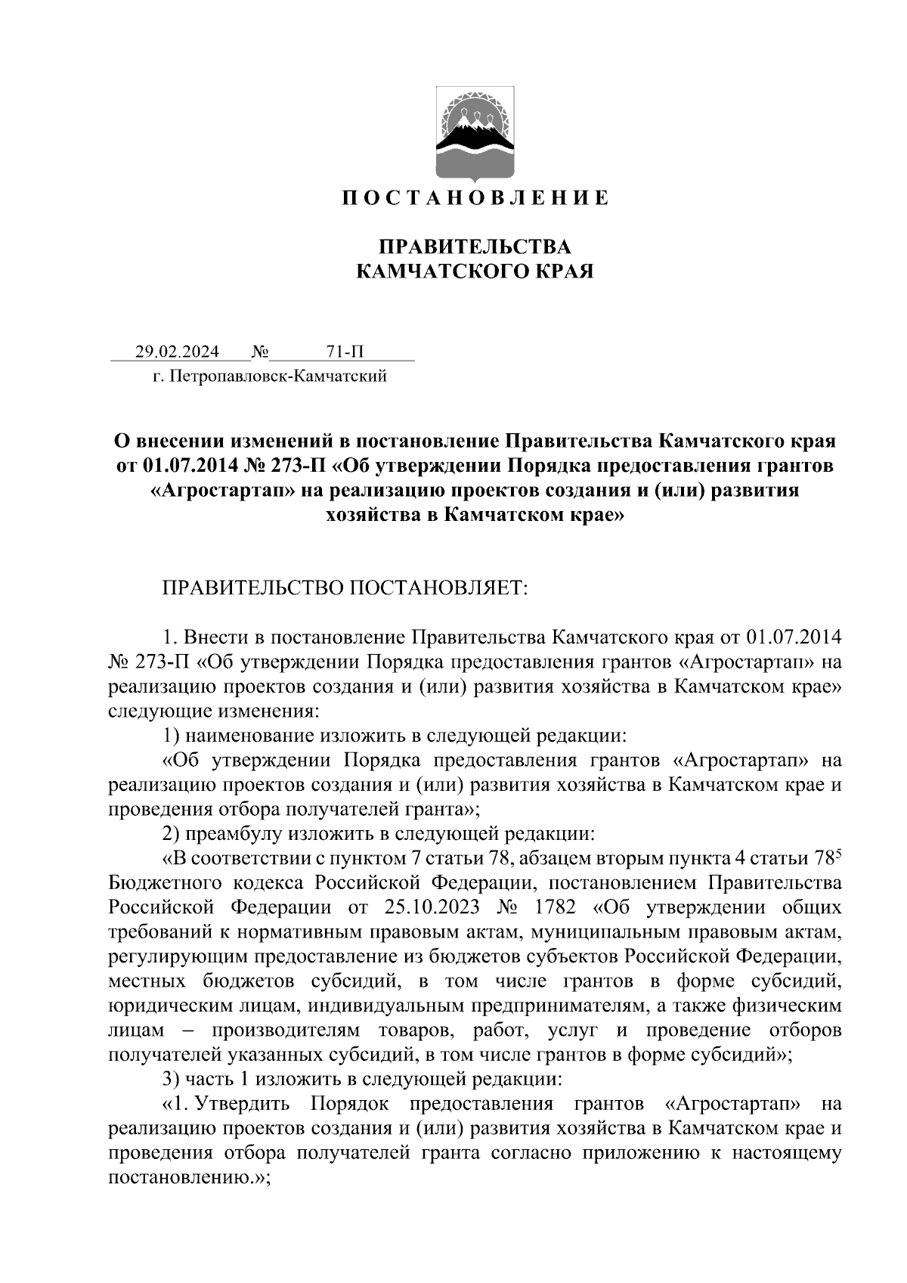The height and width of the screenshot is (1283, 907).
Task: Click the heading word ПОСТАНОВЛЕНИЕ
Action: pos(474,198)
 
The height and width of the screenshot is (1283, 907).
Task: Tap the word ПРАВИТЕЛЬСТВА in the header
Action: pos(474,247)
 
